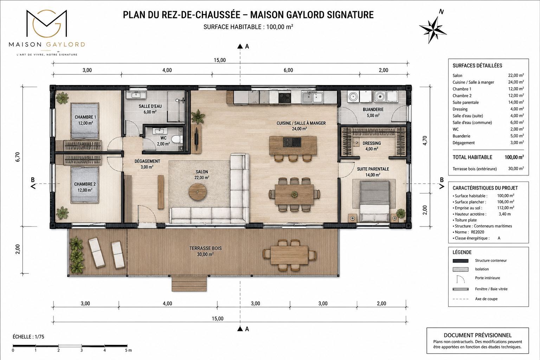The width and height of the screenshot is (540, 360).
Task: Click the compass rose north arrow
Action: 433,30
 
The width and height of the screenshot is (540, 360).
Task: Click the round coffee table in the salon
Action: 198,192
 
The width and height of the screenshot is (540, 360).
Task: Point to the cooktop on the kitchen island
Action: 292,142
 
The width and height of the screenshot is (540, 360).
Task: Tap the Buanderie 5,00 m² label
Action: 373,112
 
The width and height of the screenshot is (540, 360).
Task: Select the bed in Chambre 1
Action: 85,121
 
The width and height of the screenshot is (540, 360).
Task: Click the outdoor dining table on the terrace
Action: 289,255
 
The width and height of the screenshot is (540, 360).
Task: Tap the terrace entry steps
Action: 189,284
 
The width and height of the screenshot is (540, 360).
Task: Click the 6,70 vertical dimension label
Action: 18,157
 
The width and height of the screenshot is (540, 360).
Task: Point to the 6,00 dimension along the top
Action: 288,70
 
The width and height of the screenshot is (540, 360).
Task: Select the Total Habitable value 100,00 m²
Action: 514,157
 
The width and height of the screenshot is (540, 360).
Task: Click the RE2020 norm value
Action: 477,232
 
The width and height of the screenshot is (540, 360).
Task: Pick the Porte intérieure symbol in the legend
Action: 461,279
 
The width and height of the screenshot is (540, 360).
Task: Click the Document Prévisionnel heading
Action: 477,335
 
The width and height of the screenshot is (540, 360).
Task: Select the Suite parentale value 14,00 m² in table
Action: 516,102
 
